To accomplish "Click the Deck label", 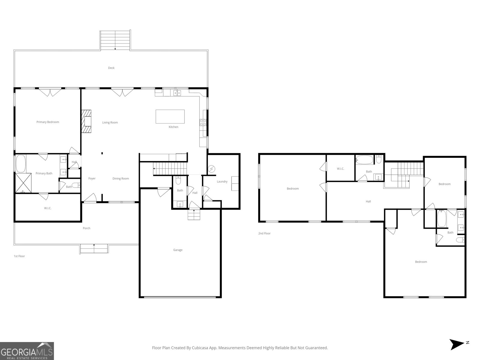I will click(x=111, y=68).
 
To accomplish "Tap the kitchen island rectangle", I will click(x=170, y=116).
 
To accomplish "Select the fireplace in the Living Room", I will click(x=86, y=121).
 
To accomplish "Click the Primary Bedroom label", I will click(x=48, y=122).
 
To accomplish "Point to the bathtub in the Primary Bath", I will click(x=21, y=163).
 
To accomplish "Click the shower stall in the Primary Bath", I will click(x=23, y=183).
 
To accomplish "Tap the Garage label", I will click(x=178, y=250).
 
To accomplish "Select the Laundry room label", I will click(x=222, y=181).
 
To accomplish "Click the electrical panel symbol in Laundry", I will click(x=212, y=169).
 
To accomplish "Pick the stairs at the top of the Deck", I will click(x=115, y=40).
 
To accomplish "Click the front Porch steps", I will click(x=94, y=249).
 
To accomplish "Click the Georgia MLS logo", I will click(x=27, y=351).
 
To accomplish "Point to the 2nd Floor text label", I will click(x=264, y=233).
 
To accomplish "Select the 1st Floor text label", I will click(x=19, y=256).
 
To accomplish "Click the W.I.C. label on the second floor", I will click(x=340, y=169).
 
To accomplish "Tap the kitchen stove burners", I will click(x=203, y=122).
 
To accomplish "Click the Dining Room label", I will click(x=121, y=178).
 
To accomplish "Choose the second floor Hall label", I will click(x=368, y=201).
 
